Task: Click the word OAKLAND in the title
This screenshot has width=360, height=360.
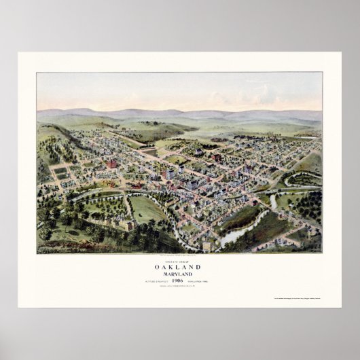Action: pyautogui.click(x=179, y=268)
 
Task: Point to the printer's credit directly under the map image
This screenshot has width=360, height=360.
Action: pyautogui.click(x=179, y=255)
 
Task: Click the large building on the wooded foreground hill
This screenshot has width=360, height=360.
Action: pyautogui.click(x=126, y=225)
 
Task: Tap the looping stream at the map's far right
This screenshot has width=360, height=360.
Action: pyautogui.click(x=302, y=181)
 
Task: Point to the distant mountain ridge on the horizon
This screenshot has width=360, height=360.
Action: pyautogui.click(x=179, y=112)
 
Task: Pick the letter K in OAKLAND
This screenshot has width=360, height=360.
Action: pyautogui.click(x=174, y=268)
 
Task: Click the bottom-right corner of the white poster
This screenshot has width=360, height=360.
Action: pyautogui.click(x=340, y=307)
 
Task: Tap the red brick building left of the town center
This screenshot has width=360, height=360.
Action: pyautogui.click(x=111, y=164)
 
